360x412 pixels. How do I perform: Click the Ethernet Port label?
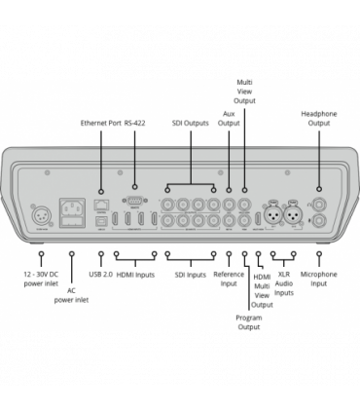tap(99, 124)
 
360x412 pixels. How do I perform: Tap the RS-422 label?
tap(134, 124)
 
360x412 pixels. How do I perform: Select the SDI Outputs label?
tap(189, 124)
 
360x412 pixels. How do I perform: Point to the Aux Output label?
tap(229, 118)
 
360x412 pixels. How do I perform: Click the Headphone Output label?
tap(319, 118)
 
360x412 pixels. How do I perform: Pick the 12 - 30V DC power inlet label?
tap(41, 281)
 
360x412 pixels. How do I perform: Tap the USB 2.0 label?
tap(101, 276)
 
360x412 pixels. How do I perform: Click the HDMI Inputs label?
tap(135, 276)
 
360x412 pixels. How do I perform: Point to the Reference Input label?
tap(229, 281)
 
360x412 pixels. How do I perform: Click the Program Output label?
tap(249, 321)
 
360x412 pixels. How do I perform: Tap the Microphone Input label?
tap(319, 281)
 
